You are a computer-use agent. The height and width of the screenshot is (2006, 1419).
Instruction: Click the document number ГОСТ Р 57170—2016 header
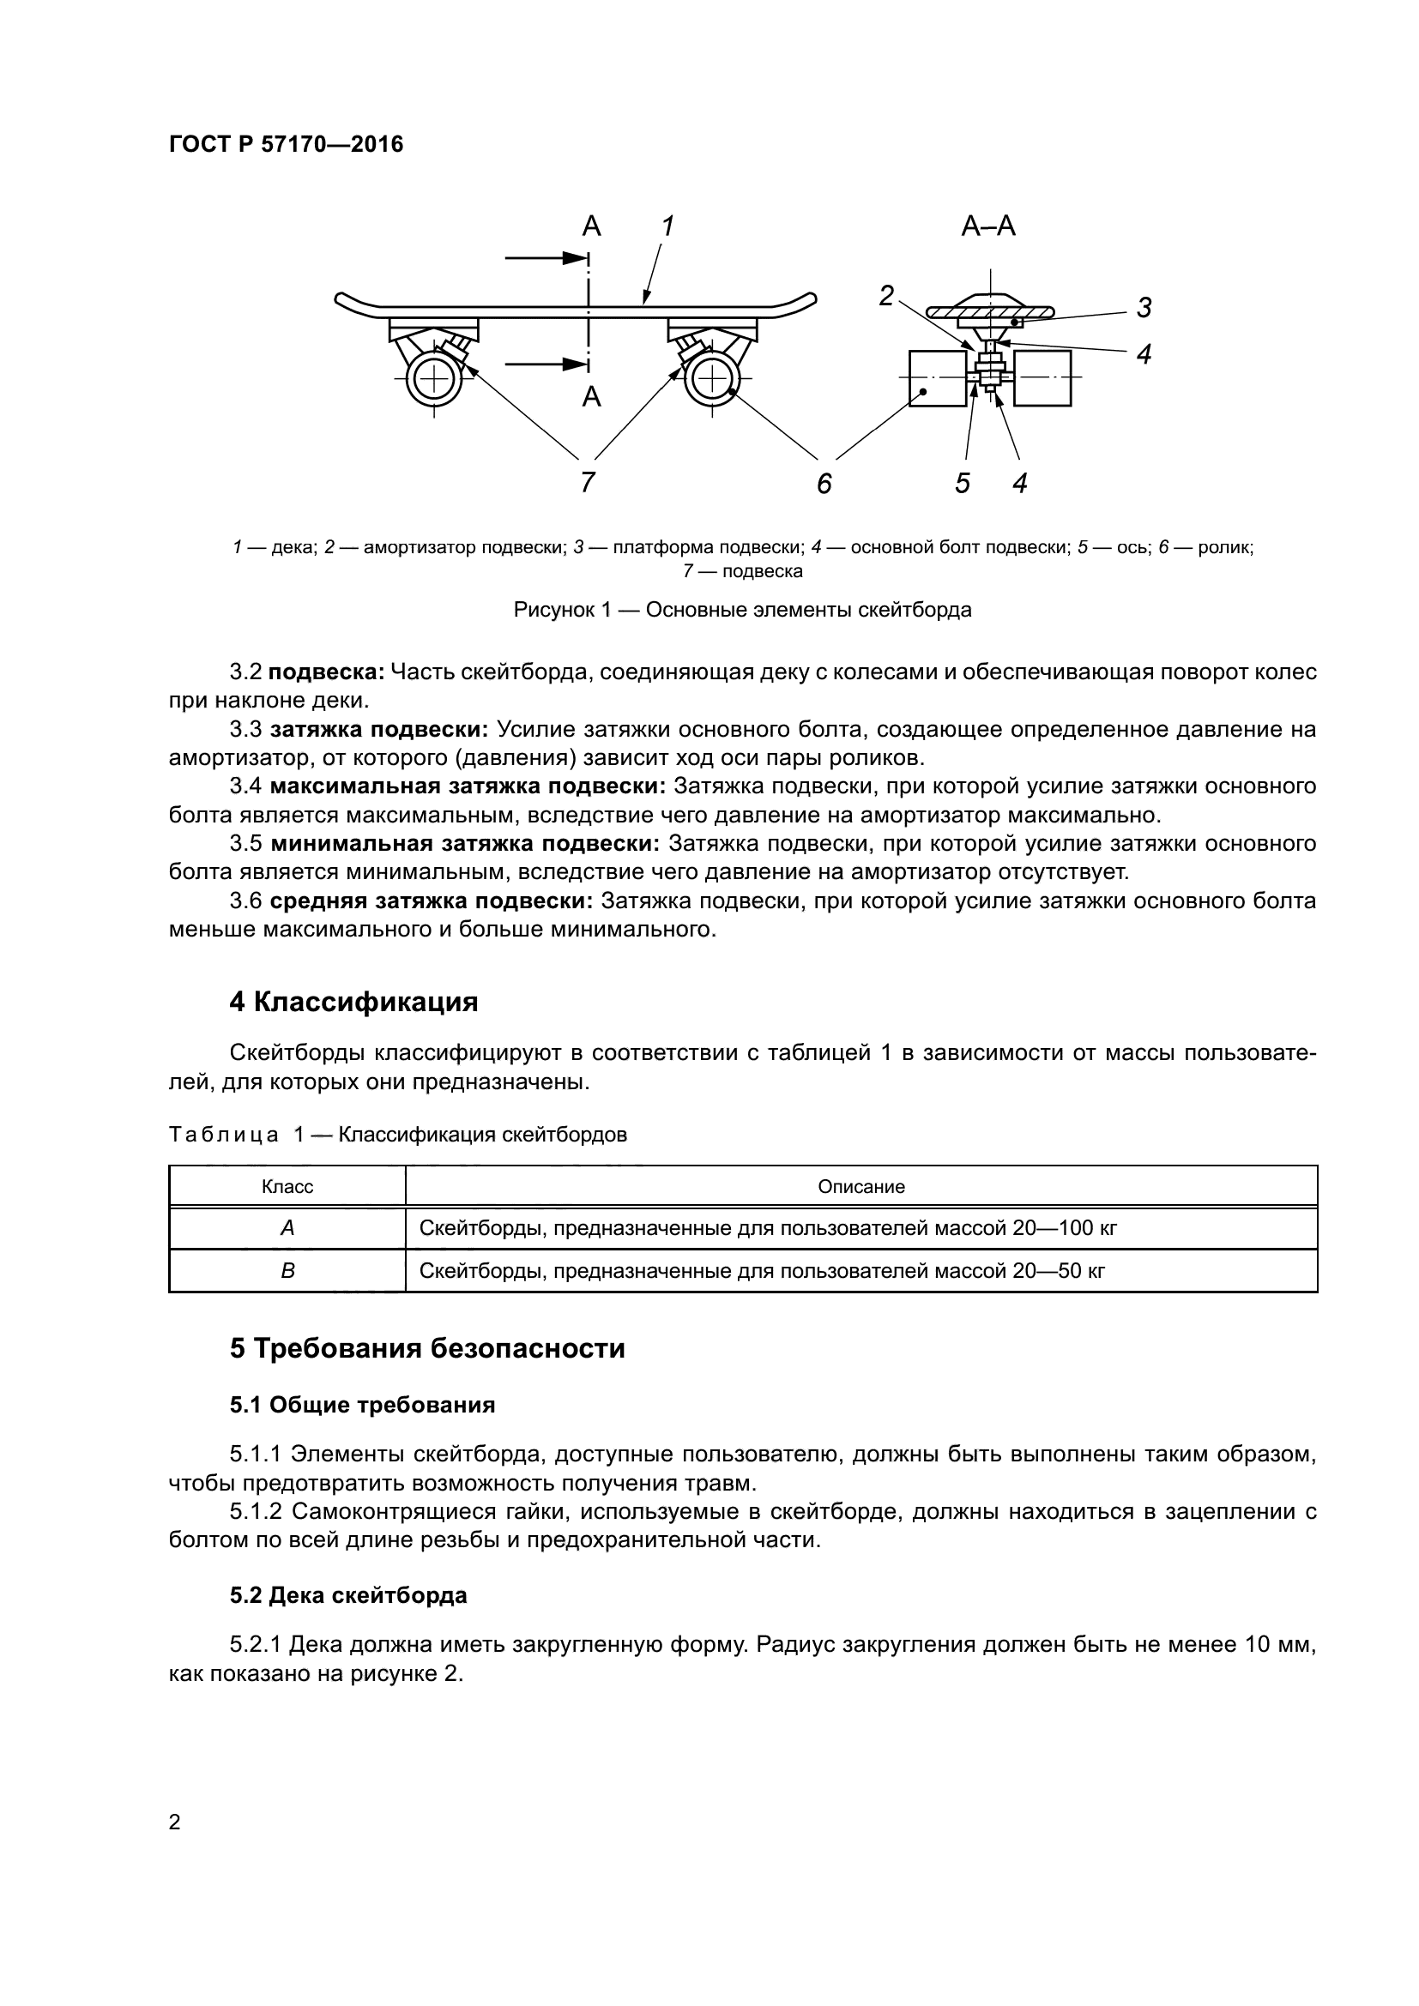coord(286,144)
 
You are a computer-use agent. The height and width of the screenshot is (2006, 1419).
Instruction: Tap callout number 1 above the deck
coord(667,226)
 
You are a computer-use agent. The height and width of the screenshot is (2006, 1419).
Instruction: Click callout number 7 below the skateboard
coord(588,481)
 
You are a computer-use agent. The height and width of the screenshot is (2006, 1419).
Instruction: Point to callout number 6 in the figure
coord(824,483)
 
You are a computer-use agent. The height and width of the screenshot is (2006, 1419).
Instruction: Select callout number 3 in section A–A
coord(1144,308)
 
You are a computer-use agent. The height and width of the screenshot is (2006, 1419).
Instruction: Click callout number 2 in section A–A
coord(886,296)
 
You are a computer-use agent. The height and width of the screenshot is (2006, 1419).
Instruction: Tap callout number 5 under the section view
coord(962,483)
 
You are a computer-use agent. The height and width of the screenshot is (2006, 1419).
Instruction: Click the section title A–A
coord(988,226)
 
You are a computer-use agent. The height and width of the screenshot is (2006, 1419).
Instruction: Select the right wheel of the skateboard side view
coord(712,378)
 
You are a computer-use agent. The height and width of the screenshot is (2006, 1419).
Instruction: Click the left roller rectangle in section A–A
coord(939,378)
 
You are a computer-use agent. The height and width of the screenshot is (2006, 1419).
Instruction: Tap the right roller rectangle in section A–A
coord(1042,378)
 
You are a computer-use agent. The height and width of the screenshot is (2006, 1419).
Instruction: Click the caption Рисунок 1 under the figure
coord(742,610)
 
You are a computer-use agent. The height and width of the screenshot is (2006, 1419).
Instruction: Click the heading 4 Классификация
coord(353,1001)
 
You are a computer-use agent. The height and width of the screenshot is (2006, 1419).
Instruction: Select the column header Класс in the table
coord(287,1186)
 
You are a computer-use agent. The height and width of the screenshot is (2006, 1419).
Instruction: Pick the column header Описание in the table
coord(860,1186)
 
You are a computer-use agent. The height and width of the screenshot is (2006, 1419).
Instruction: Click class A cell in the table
coord(287,1228)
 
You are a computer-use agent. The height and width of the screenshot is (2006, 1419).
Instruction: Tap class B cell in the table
coord(287,1270)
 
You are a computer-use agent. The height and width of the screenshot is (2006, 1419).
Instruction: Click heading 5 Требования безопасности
coord(427,1348)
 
